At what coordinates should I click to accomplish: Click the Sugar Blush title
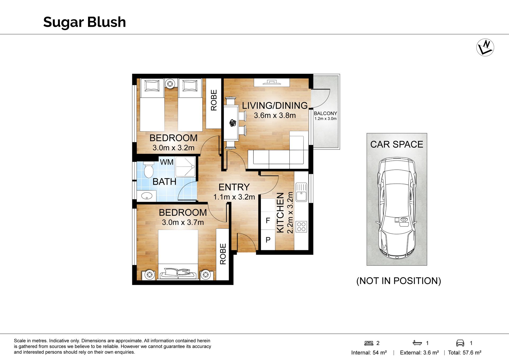click(84, 22)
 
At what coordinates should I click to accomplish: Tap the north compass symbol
click(485, 47)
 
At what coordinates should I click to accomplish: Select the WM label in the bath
click(167, 162)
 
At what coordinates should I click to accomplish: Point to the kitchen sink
click(301, 192)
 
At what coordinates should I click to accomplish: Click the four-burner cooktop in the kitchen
click(301, 226)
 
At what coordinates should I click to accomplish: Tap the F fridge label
click(268, 221)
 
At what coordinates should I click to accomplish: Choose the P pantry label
click(268, 240)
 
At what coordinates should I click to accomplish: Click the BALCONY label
click(325, 113)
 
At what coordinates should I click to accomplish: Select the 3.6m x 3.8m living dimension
click(275, 116)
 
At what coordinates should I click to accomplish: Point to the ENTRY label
click(234, 187)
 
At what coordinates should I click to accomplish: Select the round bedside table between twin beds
click(170, 84)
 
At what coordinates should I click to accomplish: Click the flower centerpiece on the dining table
click(233, 123)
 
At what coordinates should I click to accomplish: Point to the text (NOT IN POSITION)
click(398, 281)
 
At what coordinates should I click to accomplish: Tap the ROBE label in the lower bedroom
click(223, 254)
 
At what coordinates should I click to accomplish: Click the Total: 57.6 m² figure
click(464, 353)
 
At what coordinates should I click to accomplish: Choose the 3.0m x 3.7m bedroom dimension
click(183, 222)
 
